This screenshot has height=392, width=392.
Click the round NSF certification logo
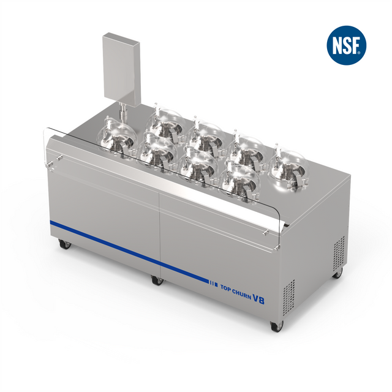(x=346, y=45)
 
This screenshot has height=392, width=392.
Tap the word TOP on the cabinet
(x=225, y=288)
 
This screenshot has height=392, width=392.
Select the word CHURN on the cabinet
(x=242, y=293)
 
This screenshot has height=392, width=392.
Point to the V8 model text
(x=258, y=298)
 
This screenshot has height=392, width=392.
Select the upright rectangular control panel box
(x=121, y=69)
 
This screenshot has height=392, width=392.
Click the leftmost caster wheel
(x=65, y=244)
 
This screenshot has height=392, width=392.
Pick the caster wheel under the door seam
(x=158, y=280)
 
